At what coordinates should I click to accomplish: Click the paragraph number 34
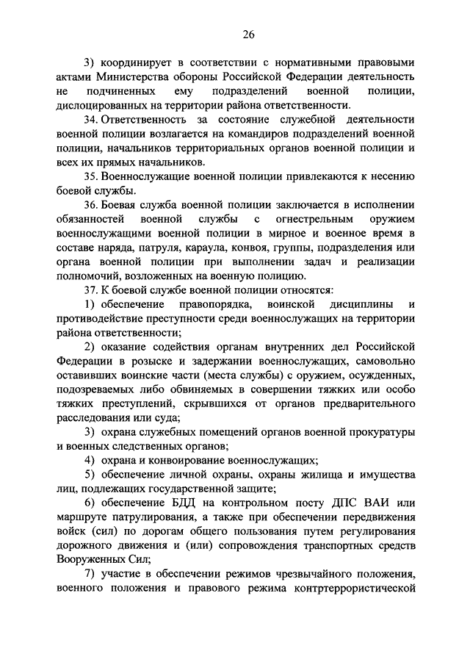pos(90,119)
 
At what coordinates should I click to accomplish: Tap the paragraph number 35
pos(90,176)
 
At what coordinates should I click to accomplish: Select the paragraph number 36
pos(90,205)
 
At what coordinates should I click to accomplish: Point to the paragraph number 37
pos(90,291)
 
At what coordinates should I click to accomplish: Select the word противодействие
pos(98,320)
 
